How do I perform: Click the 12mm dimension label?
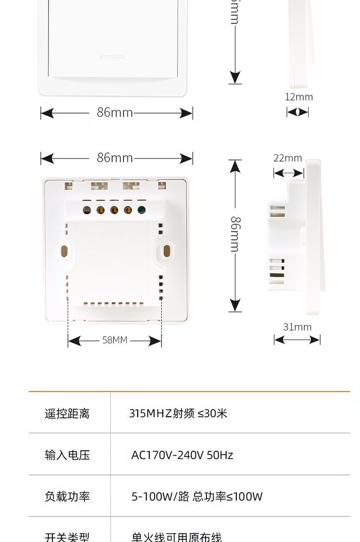(x=299, y=97)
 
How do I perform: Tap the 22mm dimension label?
(x=288, y=158)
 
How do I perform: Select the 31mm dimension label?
(x=297, y=327)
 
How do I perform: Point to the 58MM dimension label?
(x=115, y=340)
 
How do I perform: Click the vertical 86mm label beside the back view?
(x=235, y=234)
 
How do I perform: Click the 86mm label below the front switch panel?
(x=115, y=112)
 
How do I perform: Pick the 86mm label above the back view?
(x=115, y=157)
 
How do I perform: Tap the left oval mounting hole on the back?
(x=64, y=250)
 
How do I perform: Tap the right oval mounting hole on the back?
(x=167, y=250)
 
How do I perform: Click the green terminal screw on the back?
(x=142, y=210)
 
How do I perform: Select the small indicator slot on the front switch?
(x=113, y=57)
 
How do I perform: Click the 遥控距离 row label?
(x=67, y=413)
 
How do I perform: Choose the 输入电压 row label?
(x=67, y=455)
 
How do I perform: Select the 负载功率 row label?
(x=67, y=496)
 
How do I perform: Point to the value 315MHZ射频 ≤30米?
(x=178, y=413)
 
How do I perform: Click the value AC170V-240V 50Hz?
(x=182, y=455)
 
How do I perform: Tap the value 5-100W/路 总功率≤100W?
(x=197, y=496)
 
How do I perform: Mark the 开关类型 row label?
(x=67, y=537)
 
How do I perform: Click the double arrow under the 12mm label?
(x=298, y=112)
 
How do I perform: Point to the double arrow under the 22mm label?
(x=288, y=173)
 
